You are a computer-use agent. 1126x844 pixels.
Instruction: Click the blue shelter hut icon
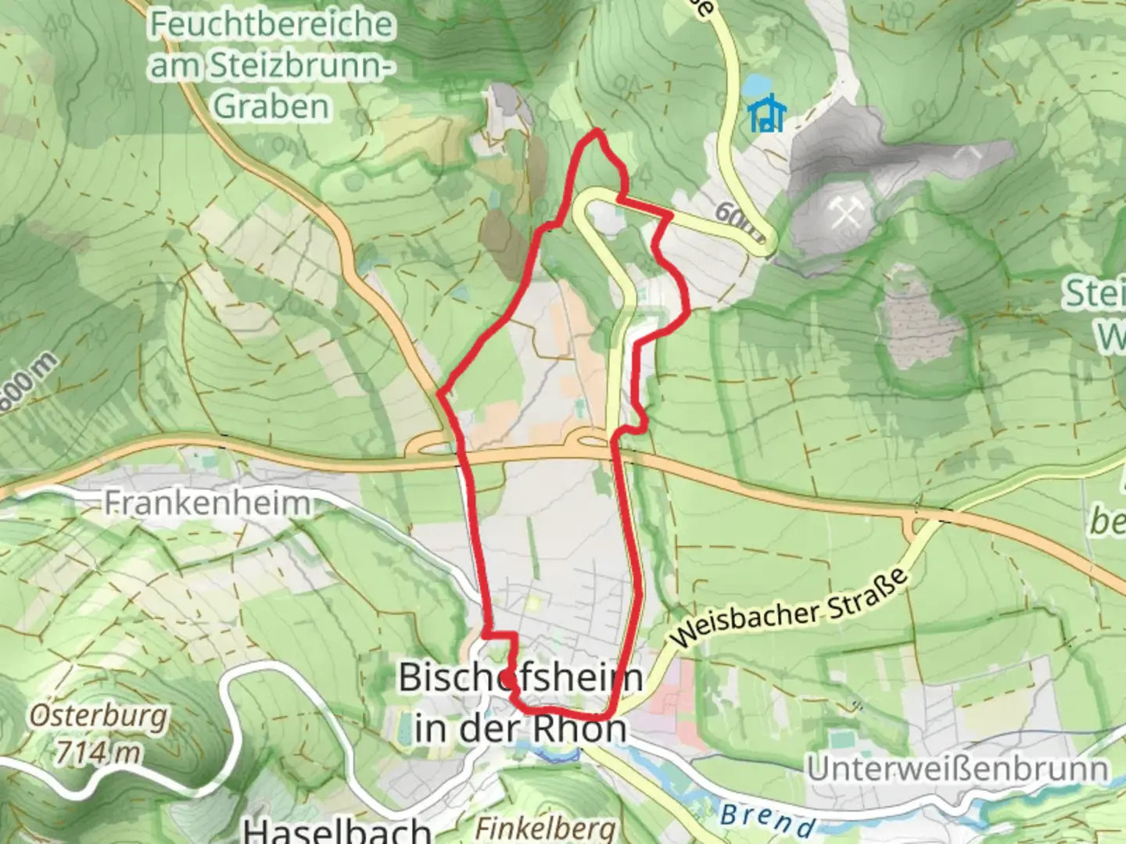(766, 114)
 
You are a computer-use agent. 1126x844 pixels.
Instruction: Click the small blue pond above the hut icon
(756, 84)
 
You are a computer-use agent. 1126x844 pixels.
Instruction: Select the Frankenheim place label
(207, 502)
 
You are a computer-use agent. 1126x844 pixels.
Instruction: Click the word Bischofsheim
(521, 677)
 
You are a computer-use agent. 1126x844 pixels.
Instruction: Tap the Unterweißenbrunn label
(957, 768)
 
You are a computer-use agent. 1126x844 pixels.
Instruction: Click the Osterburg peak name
(99, 715)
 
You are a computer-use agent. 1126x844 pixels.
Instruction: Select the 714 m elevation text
(99, 752)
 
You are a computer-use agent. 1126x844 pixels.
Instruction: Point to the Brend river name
(766, 818)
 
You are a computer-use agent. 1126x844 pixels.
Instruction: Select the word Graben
(271, 106)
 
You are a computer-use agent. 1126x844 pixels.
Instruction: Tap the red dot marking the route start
(509, 677)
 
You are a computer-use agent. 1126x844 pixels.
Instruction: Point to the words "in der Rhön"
(521, 728)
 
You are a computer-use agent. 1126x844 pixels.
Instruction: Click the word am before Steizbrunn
(176, 66)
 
